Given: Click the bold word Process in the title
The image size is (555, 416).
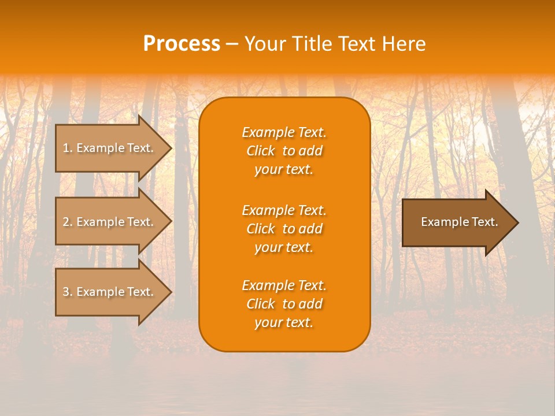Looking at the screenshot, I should (x=182, y=44).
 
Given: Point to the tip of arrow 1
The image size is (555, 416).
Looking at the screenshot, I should (x=170, y=148).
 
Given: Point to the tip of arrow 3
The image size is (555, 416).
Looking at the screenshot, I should (x=170, y=292).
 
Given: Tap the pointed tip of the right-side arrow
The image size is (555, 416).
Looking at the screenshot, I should (x=517, y=222).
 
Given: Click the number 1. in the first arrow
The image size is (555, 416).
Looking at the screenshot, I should (x=68, y=148).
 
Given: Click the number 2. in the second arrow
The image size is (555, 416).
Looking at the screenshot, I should (x=68, y=222).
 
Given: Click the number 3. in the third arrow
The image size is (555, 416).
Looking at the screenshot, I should (x=68, y=292).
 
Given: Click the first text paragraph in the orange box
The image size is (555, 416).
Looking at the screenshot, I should (x=284, y=151).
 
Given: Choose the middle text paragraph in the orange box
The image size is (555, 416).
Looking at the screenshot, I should (x=284, y=229).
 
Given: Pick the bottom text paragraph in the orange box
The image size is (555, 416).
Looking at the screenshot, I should (x=284, y=304).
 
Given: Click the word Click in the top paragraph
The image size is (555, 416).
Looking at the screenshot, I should (x=260, y=151).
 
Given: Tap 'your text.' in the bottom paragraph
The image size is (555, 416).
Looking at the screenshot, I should (x=284, y=323).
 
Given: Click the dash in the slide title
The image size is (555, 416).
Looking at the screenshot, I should (x=232, y=44).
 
